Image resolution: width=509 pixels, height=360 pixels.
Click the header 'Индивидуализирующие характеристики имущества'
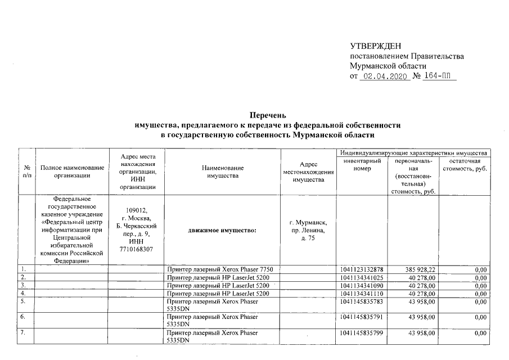click(x=412, y=153)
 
